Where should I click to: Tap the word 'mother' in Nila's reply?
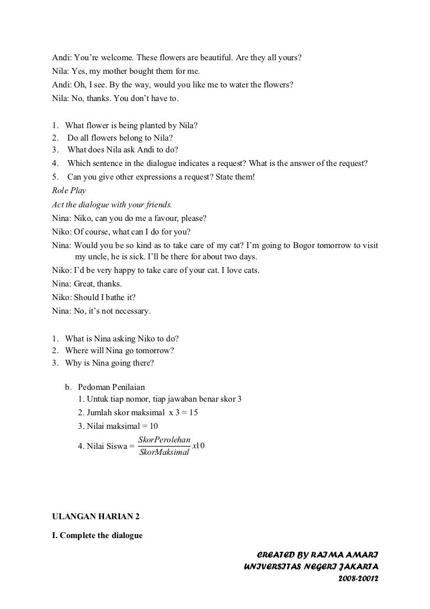112,71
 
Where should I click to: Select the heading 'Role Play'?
69,191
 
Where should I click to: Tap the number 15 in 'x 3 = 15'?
193,413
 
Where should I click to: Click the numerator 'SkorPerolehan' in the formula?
164,440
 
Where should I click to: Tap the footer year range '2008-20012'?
357,578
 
